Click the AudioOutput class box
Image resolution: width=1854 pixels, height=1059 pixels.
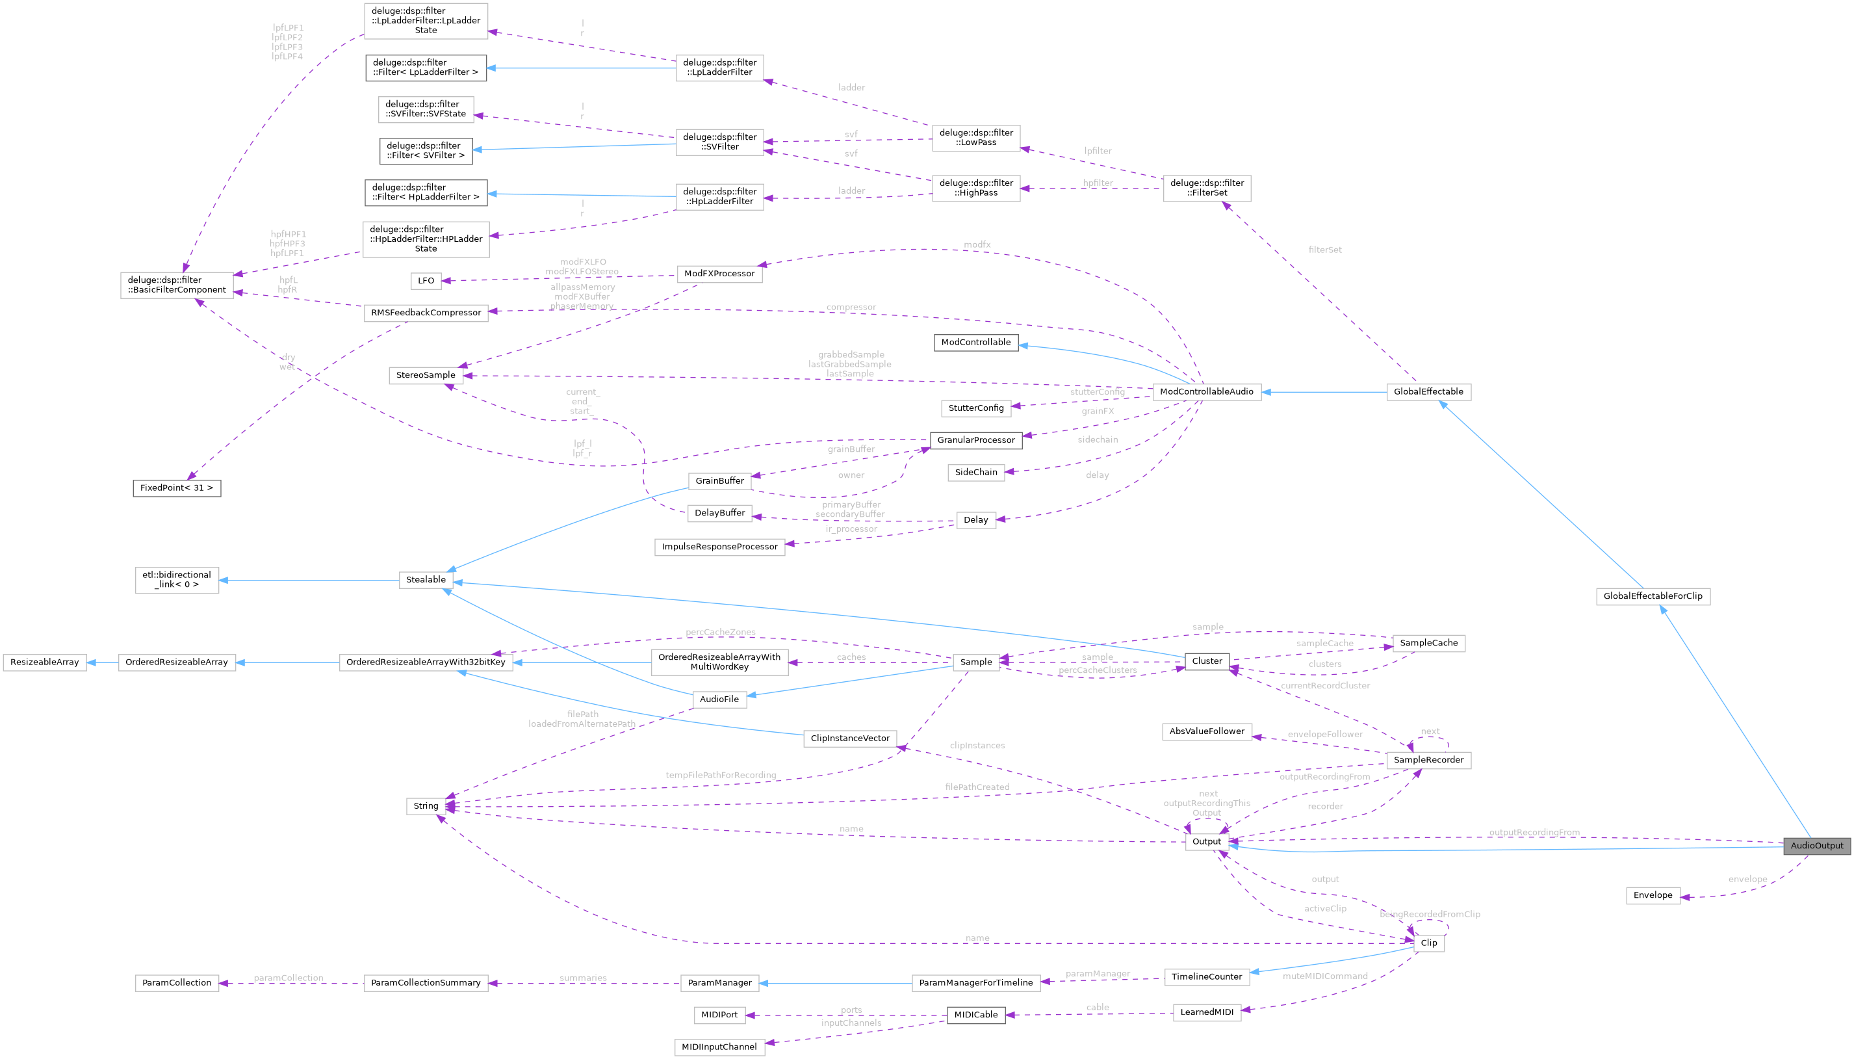1816,846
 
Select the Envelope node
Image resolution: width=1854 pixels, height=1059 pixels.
1653,895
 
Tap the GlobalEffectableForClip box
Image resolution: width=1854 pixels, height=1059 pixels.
1653,596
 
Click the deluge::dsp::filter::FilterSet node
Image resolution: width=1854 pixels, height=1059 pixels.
1207,188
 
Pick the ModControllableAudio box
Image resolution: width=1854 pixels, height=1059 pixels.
1206,392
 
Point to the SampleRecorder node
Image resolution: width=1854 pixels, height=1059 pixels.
1428,760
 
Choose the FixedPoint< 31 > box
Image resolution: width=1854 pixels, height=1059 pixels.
177,488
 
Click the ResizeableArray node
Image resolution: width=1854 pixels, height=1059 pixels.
44,662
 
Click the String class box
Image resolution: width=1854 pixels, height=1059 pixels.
426,806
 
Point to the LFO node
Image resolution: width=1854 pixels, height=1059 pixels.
426,281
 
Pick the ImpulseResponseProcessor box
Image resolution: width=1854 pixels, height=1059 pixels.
719,547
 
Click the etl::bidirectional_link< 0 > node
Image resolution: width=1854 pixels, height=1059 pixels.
177,580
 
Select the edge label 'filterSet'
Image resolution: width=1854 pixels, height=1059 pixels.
1324,250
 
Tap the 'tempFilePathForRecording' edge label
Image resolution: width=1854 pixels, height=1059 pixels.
721,776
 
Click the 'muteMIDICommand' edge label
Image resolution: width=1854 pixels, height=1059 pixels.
1324,976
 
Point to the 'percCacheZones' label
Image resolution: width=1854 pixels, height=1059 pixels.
720,632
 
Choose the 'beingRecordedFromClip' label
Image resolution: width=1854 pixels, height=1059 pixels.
1430,914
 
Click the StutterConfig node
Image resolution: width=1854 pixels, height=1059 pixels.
975,408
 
